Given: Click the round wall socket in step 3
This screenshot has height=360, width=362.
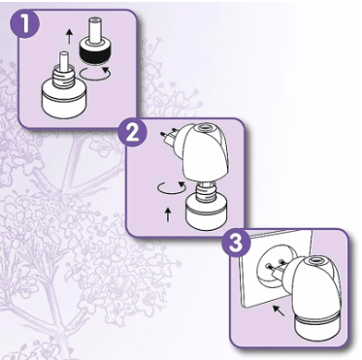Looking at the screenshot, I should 273,267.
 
